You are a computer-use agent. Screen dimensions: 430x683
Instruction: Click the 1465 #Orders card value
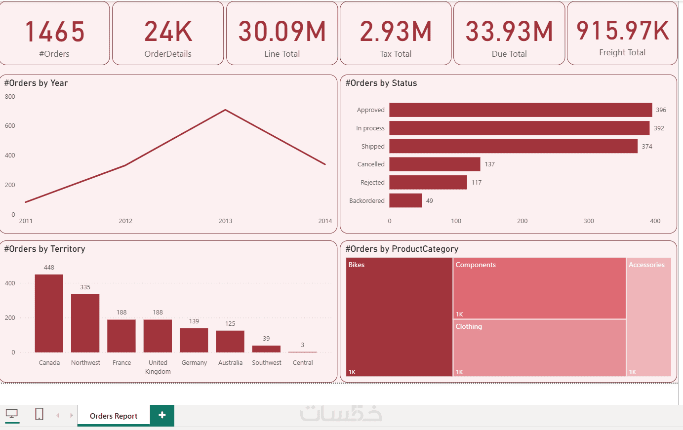(x=54, y=32)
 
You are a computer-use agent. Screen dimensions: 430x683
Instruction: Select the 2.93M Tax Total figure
(x=396, y=32)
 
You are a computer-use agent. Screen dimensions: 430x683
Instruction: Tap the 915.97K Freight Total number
(x=622, y=31)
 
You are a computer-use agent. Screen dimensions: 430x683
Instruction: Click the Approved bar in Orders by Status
(x=521, y=110)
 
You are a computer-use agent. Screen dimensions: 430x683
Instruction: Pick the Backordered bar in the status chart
(x=405, y=200)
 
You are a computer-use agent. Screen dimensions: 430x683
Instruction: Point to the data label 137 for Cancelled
(x=489, y=164)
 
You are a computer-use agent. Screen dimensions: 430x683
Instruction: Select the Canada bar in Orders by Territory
(x=49, y=313)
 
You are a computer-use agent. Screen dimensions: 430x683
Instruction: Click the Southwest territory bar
(x=266, y=349)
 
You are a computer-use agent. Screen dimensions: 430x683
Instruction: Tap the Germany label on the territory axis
(x=194, y=363)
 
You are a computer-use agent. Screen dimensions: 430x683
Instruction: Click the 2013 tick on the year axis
(x=225, y=221)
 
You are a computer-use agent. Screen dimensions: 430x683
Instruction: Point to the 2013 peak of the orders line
(x=225, y=110)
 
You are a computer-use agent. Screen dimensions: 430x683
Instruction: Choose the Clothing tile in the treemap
(x=539, y=348)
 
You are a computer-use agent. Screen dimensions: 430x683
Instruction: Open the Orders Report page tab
(x=114, y=416)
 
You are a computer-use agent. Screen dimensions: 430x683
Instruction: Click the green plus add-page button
(x=162, y=415)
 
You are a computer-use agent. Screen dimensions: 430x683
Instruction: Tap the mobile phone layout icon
(x=40, y=414)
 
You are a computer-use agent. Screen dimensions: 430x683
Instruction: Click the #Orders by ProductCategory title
(x=402, y=249)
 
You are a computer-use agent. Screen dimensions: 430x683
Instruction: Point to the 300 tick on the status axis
(x=589, y=221)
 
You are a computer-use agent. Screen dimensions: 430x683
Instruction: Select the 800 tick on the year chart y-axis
(x=10, y=97)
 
